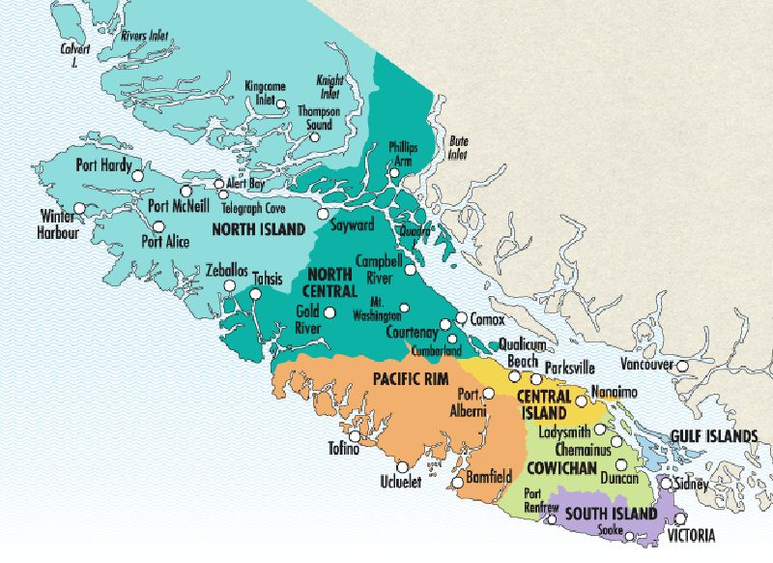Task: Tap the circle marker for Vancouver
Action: click(682, 366)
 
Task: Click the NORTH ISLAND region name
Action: click(260, 230)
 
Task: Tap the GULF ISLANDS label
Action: click(715, 436)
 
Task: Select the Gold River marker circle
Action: click(330, 312)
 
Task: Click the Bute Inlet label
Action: click(459, 147)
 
